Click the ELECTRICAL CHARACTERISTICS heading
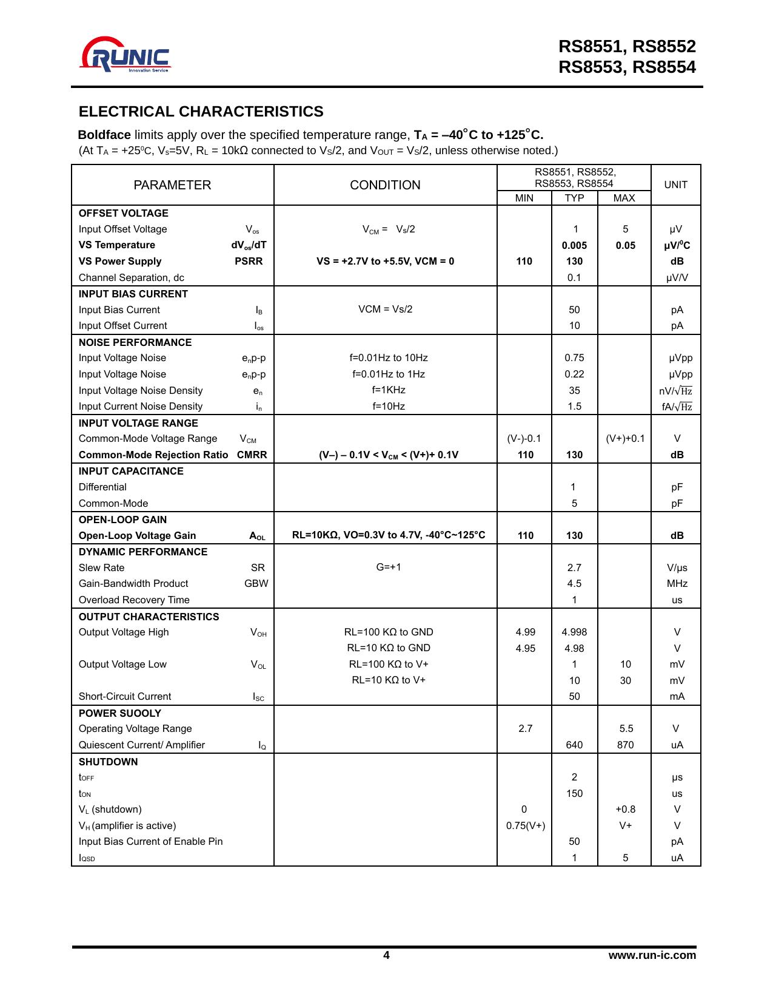[201, 112]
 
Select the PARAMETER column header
[172, 185]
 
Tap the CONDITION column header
[385, 185]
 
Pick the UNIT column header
[675, 184]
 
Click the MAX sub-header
[624, 198]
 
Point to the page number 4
[386, 955]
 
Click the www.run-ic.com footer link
[652, 955]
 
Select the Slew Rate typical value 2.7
[574, 567]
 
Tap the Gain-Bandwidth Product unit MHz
[677, 583]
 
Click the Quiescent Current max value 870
[625, 745]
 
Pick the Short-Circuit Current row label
[125, 696]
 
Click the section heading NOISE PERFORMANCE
[135, 342]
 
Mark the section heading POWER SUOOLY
[120, 713]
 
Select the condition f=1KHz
[389, 390]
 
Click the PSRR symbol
[249, 261]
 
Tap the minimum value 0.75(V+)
[525, 825]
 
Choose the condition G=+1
[389, 567]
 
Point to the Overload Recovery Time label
[134, 600]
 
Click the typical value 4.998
[574, 632]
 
